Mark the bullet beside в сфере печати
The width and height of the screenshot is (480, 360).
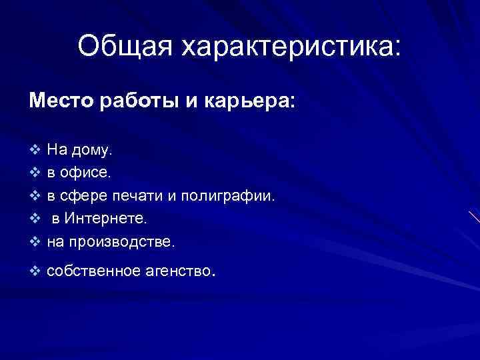coord(35,195)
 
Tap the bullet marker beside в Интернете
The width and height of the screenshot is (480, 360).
coord(35,218)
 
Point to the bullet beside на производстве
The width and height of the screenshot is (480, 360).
coord(35,241)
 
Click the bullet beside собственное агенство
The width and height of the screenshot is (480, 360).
coord(35,270)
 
